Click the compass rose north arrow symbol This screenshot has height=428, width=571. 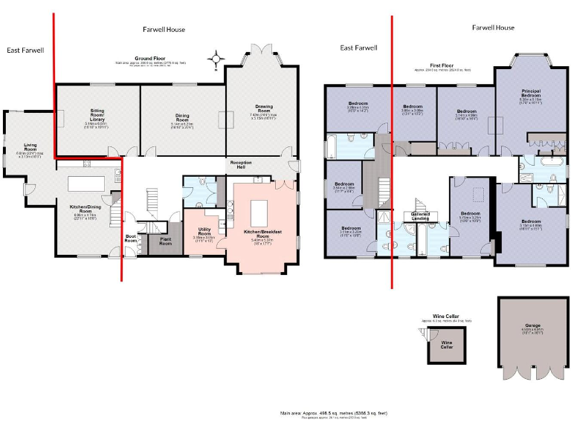pos(216,59)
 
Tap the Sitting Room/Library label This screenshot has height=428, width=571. pos(97,112)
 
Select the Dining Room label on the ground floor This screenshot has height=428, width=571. pos(182,117)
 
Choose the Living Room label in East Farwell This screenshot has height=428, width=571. pos(30,147)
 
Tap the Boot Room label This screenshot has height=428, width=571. pos(131,239)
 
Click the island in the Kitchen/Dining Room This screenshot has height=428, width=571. pos(88,183)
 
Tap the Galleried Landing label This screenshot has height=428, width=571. pos(421,215)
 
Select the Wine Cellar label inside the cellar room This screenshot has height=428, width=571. pos(447,346)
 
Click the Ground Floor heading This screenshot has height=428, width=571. pos(149,58)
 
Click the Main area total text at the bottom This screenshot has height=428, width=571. pos(332,412)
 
